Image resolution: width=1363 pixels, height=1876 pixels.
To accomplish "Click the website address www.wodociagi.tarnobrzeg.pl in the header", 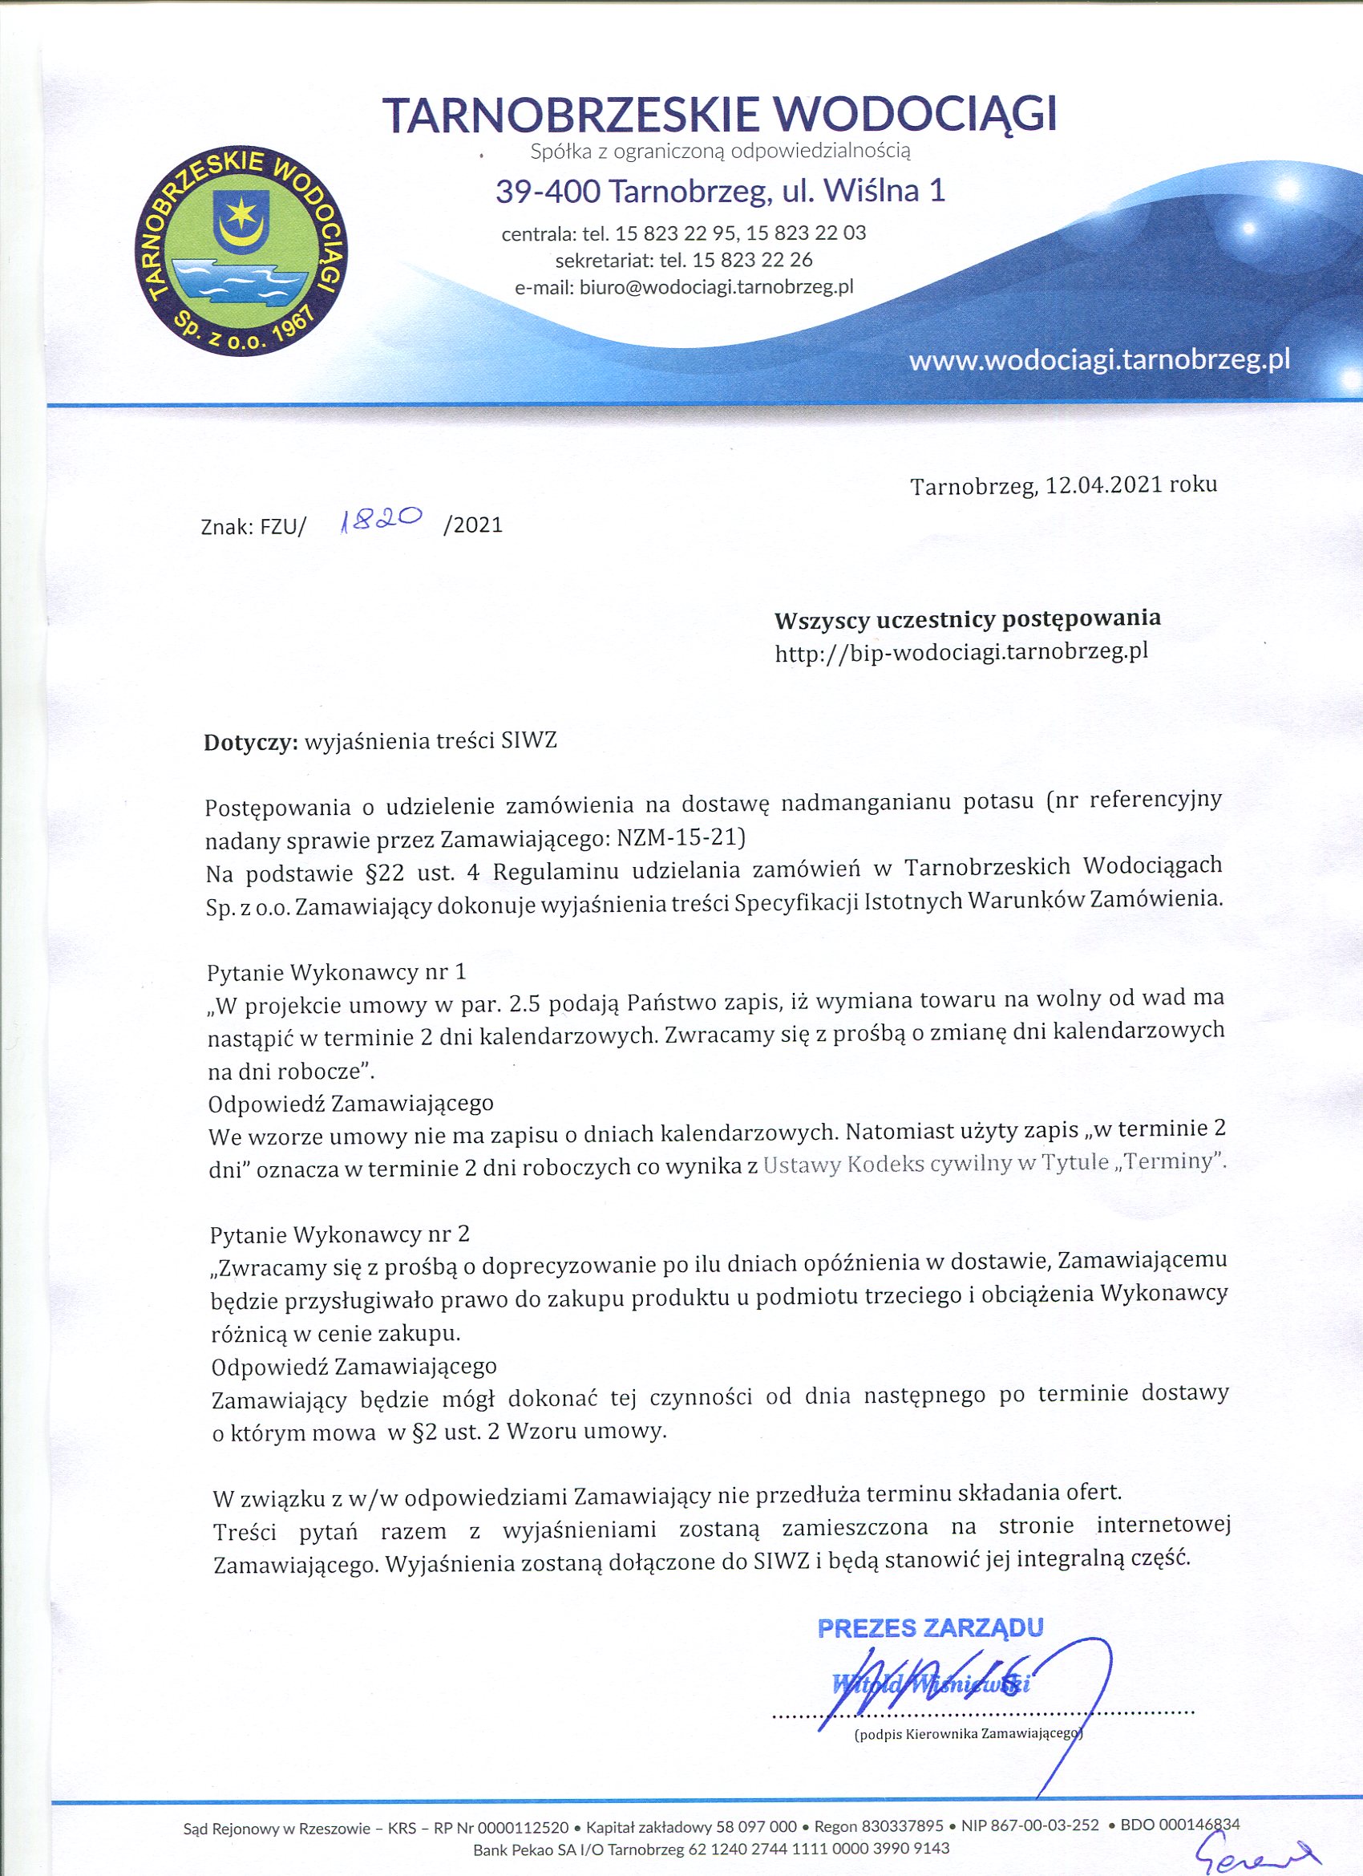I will [1099, 362].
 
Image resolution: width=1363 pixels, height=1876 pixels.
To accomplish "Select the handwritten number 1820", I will [382, 519].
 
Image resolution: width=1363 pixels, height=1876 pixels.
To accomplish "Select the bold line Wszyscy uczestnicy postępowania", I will [967, 618].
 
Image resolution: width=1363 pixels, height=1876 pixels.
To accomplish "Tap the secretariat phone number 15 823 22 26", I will [753, 261].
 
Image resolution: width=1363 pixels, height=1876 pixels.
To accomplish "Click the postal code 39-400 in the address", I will [546, 192].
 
